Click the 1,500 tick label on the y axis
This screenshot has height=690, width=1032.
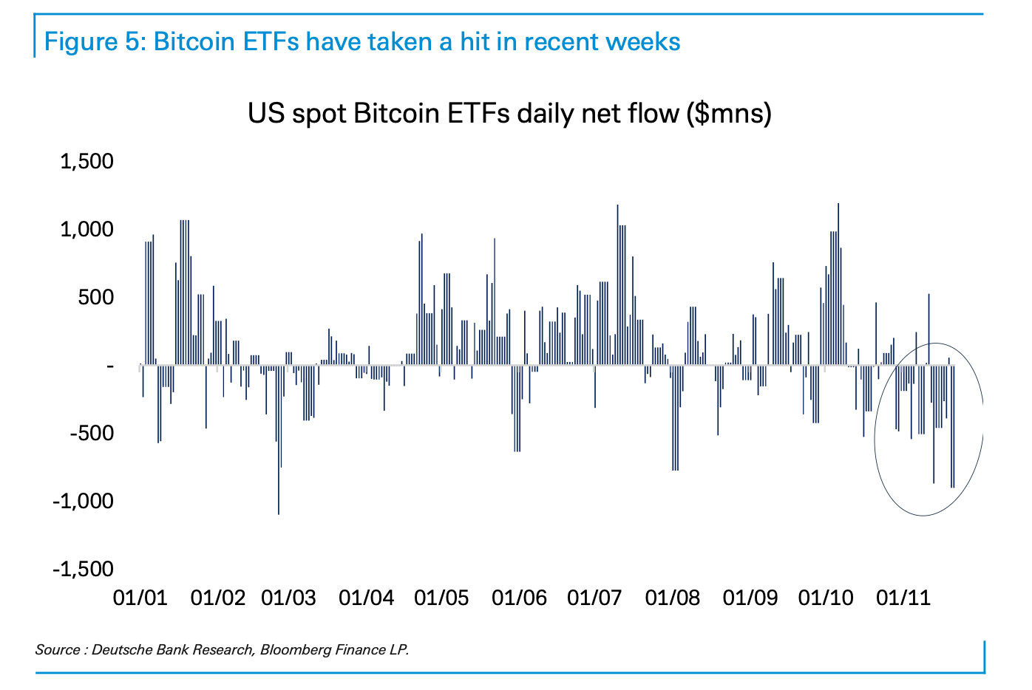86,161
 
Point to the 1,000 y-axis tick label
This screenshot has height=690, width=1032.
86,229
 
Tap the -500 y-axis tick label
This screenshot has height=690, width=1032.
92,433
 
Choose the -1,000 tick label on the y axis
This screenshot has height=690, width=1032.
84,501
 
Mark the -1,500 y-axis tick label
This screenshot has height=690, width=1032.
84,569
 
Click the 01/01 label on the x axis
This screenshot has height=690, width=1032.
140,597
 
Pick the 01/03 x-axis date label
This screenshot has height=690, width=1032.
288,597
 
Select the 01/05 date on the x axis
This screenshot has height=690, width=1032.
441,597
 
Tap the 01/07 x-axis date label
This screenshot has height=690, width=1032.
594,597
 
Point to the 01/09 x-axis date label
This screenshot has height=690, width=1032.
750,597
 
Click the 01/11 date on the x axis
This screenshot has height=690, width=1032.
903,597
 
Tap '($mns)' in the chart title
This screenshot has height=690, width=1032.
729,114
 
